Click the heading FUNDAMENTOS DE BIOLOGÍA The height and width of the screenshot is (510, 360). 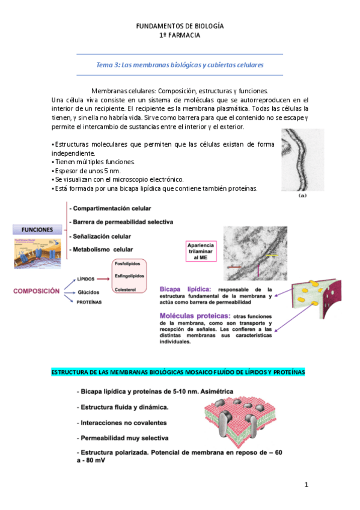180,26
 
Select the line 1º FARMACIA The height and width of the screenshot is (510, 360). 180,35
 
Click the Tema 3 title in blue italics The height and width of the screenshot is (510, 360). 180,64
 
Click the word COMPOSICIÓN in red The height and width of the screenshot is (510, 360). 37,290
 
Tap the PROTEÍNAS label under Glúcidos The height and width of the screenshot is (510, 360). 88,302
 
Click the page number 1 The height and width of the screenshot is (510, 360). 306,484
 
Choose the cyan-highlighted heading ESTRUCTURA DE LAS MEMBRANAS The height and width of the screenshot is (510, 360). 178,373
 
